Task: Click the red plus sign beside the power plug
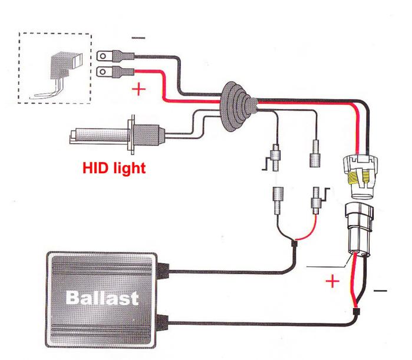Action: pos(333,281)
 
